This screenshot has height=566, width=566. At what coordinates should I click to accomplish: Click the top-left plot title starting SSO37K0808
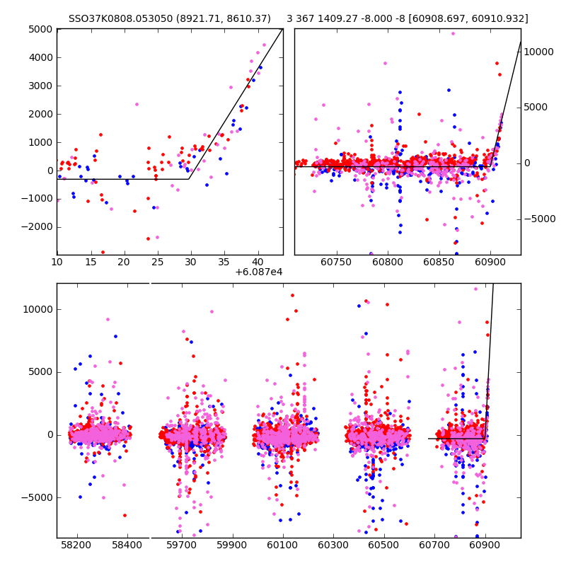pos(169,19)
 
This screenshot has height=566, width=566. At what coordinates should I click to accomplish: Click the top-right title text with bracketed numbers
pos(407,19)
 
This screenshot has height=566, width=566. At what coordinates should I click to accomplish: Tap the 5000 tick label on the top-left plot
pos(40,29)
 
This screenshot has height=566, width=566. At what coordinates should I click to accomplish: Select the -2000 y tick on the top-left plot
pos(37,227)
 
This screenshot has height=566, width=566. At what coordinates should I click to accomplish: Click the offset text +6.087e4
pos(259,272)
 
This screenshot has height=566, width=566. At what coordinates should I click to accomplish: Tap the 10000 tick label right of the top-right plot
pos(541,52)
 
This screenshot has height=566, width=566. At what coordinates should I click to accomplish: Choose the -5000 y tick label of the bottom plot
pos(37,497)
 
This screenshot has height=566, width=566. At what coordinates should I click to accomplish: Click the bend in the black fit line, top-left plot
pos(189,179)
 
